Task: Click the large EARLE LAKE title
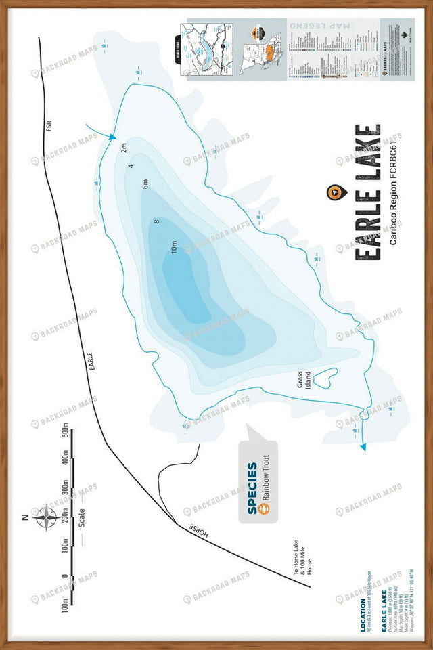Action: [367, 192]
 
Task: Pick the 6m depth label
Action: [145, 184]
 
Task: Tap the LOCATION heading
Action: [363, 613]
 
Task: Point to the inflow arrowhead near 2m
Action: [112, 137]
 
